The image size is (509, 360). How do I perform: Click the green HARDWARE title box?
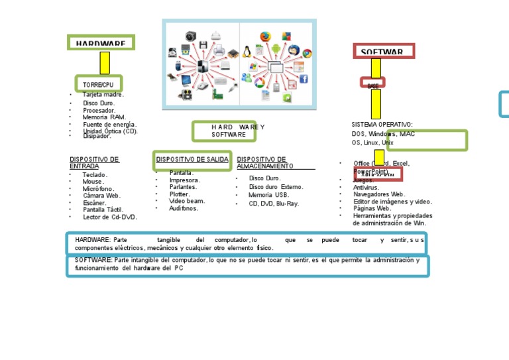101,43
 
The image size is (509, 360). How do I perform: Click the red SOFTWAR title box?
383,51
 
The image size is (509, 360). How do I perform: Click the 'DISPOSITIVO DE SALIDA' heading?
192,159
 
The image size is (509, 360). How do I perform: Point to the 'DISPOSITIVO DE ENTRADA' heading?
95,162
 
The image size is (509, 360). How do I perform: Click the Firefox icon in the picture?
266,36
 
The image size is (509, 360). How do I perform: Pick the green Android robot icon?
276,48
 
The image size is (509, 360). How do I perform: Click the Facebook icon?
304,78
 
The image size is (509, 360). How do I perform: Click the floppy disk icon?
203,45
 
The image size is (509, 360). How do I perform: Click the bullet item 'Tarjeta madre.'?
103,94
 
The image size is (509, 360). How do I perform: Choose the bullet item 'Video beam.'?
187,201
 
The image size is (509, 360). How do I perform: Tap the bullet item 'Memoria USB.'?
268,195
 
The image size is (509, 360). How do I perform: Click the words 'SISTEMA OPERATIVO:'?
382,124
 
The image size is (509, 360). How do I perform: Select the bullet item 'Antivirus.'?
367,188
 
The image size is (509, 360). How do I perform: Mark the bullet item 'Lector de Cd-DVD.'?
109,217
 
